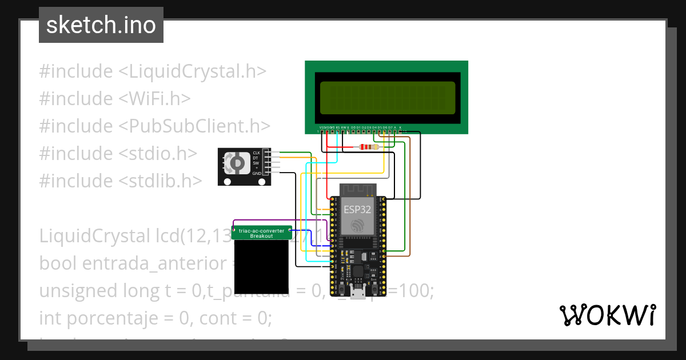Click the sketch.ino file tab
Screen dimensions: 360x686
pos(101,25)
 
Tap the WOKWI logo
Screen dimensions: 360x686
pos(607,315)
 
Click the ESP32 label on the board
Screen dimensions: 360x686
pos(357,209)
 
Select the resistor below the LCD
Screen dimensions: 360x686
pos(369,147)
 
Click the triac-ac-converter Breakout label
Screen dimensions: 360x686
pos(262,233)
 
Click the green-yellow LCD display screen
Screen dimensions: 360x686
pos(388,97)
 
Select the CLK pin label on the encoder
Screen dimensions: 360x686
pos(256,153)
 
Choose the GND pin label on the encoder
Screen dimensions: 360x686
pos(257,173)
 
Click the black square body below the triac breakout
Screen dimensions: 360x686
pos(262,266)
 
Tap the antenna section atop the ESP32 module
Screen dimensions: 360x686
pos(357,190)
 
